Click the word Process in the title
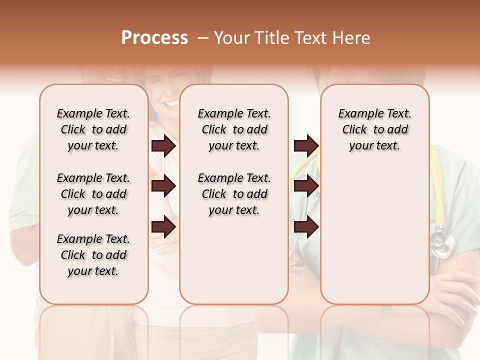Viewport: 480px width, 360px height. click(x=154, y=38)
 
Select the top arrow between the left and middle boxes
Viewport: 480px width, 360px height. click(x=163, y=145)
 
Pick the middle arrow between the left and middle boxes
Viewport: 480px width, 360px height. click(x=163, y=186)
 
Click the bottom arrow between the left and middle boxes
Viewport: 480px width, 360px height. click(x=163, y=226)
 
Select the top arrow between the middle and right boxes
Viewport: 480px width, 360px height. click(x=306, y=145)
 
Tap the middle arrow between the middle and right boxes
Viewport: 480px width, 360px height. click(x=306, y=186)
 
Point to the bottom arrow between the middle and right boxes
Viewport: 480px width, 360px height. click(x=306, y=226)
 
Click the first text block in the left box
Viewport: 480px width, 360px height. click(x=93, y=129)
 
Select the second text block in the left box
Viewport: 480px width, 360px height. click(x=93, y=194)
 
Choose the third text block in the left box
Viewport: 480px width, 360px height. click(x=93, y=255)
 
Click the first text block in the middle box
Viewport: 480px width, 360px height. click(x=234, y=129)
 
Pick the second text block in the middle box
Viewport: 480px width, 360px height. click(x=234, y=194)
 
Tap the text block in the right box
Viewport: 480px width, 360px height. click(x=374, y=129)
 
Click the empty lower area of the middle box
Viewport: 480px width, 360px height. click(x=234, y=260)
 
